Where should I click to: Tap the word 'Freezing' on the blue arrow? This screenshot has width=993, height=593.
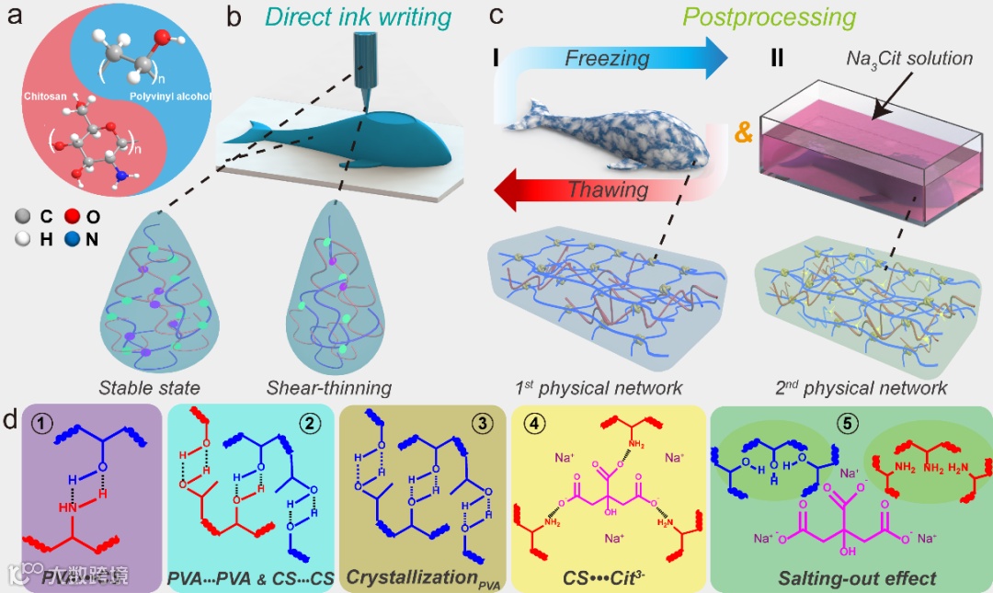click(x=607, y=59)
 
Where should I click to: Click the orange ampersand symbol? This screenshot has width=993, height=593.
click(x=742, y=132)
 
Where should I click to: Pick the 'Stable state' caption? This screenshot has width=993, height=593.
click(x=149, y=388)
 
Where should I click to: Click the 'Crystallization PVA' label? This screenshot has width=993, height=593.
click(x=424, y=578)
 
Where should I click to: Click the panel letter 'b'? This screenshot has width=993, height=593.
click(x=234, y=17)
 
